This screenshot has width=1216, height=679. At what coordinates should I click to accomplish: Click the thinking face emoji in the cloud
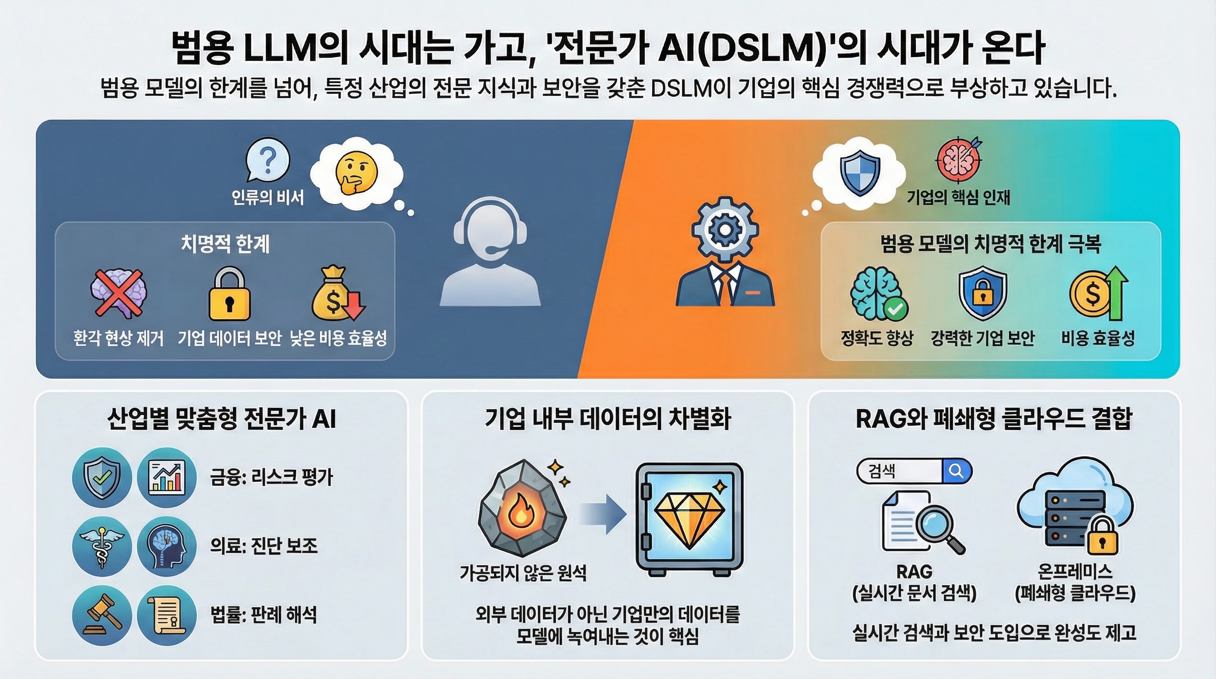pyautogui.click(x=357, y=173)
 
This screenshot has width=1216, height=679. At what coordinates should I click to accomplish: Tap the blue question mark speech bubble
pyautogui.click(x=268, y=160)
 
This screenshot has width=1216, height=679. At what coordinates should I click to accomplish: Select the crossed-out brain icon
pyautogui.click(x=118, y=293)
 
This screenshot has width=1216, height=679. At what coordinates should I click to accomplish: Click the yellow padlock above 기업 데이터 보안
pyautogui.click(x=229, y=295)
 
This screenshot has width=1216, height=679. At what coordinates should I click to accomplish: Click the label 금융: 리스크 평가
pyautogui.click(x=271, y=477)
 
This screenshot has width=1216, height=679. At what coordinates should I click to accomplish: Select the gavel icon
pyautogui.click(x=102, y=615)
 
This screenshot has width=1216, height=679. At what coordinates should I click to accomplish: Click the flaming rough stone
pyautogui.click(x=521, y=507)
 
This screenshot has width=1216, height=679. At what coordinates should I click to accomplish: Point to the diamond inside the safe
pyautogui.click(x=689, y=517)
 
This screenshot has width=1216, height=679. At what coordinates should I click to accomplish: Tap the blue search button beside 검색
pyautogui.click(x=956, y=471)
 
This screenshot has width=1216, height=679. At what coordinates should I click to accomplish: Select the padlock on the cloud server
pyautogui.click(x=1103, y=536)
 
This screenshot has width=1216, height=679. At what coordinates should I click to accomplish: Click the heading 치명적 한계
pyautogui.click(x=225, y=244)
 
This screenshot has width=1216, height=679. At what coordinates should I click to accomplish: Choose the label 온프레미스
pyautogui.click(x=1075, y=572)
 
